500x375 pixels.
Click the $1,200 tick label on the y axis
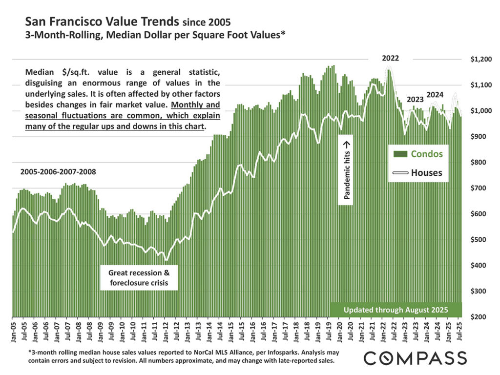point(478,59)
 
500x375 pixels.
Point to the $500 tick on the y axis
point(478,240)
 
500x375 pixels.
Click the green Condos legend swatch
point(400,154)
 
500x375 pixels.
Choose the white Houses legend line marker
point(400,172)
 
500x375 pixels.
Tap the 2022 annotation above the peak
point(390,58)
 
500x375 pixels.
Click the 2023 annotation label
point(415,100)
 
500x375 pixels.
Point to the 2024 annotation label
point(436,95)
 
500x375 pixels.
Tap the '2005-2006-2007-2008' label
point(58,172)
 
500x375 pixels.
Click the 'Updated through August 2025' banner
point(396,310)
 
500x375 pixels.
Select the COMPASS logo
point(415,358)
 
